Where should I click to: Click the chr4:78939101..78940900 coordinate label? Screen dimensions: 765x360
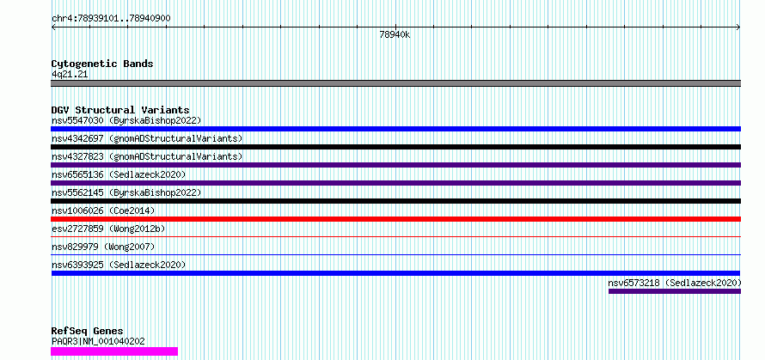pyautogui.click(x=111, y=18)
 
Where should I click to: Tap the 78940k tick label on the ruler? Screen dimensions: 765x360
pyautogui.click(x=395, y=34)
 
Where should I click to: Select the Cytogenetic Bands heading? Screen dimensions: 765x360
pyautogui.click(x=102, y=64)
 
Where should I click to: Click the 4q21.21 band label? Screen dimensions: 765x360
pyautogui.click(x=70, y=75)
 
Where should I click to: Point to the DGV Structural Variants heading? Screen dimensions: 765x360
pyautogui.click(x=120, y=110)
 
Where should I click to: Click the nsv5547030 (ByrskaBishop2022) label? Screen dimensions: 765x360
pyautogui.click(x=126, y=120)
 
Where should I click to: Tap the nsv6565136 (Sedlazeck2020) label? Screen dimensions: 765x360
pyautogui.click(x=119, y=174)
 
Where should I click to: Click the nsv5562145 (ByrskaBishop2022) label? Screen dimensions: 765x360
pyautogui.click(x=126, y=192)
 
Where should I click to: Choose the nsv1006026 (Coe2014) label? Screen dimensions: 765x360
pyautogui.click(x=103, y=211)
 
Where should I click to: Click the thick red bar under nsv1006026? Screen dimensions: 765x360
pyautogui.click(x=395, y=219)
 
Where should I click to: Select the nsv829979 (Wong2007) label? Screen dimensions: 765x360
pyautogui.click(x=103, y=247)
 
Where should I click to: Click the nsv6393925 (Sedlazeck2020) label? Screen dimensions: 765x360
pyautogui.click(x=119, y=265)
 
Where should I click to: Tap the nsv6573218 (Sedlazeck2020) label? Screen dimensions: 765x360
pyautogui.click(x=675, y=283)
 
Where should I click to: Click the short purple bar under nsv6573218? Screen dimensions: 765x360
pyautogui.click(x=675, y=291)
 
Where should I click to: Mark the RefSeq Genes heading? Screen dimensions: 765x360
pyautogui.click(x=87, y=332)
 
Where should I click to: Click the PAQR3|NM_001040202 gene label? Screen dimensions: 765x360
pyautogui.click(x=98, y=341)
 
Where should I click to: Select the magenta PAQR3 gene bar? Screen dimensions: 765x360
pyautogui.click(x=114, y=351)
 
